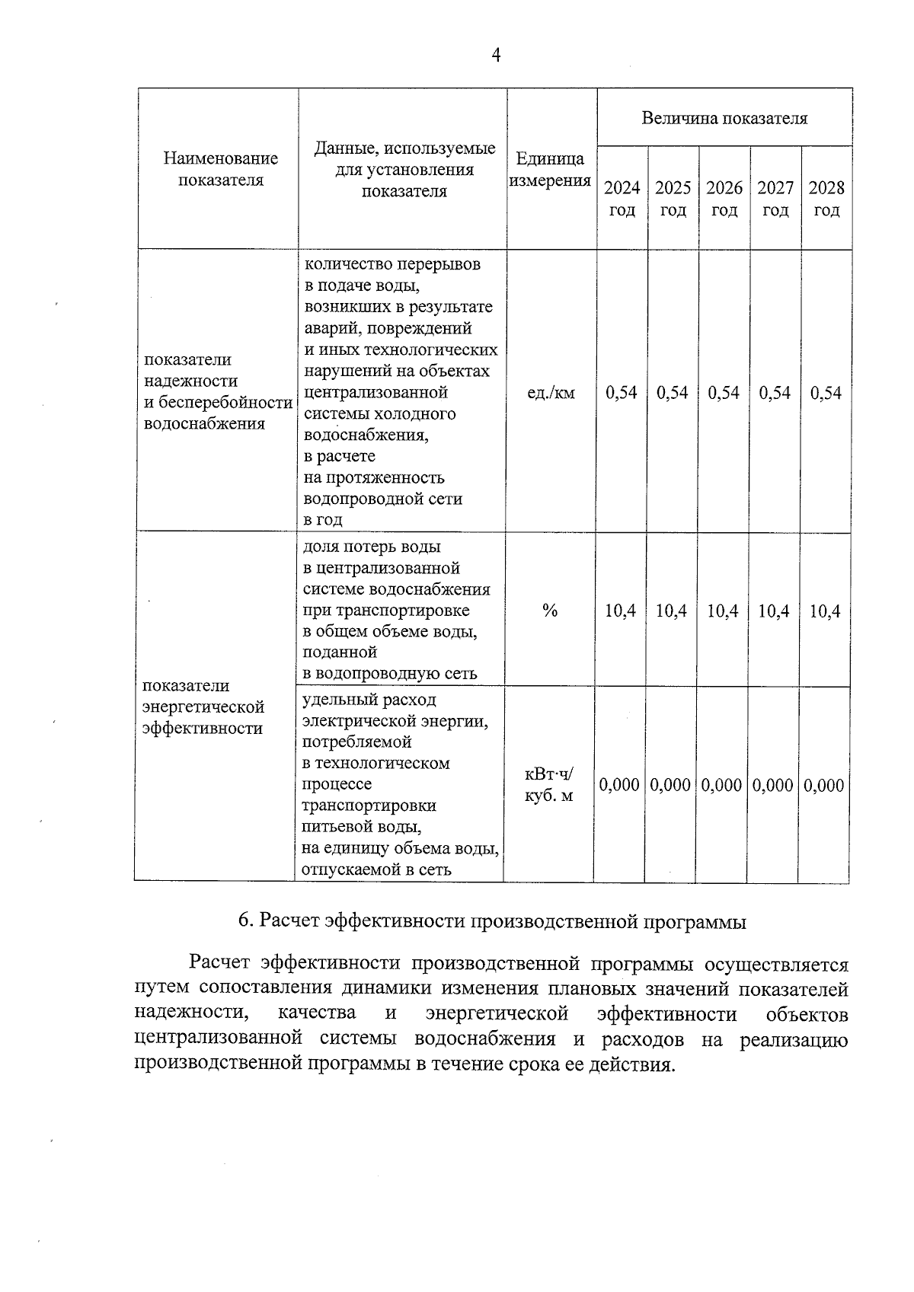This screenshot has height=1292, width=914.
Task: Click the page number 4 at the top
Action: point(496,55)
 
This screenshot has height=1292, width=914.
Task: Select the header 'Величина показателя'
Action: point(724,118)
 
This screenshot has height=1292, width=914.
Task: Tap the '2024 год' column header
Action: point(622,199)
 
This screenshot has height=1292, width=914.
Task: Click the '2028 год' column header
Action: point(826,199)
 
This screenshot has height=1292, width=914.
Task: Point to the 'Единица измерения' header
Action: point(550,170)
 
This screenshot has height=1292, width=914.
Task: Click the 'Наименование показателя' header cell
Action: point(221,169)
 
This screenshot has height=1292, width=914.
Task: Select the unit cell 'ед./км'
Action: point(551,393)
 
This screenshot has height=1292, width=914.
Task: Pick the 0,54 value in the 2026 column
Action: point(724,393)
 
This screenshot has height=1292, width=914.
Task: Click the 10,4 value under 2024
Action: point(621,611)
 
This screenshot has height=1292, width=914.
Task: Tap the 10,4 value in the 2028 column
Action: point(825,611)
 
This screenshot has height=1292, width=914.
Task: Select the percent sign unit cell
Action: point(550,611)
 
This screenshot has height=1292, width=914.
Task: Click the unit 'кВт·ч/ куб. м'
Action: point(549,785)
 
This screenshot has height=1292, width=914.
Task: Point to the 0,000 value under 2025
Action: point(670,785)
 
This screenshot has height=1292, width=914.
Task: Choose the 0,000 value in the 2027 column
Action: point(773,785)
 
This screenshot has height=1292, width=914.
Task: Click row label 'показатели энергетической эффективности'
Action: point(203,707)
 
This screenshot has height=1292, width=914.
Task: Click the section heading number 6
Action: point(244,921)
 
